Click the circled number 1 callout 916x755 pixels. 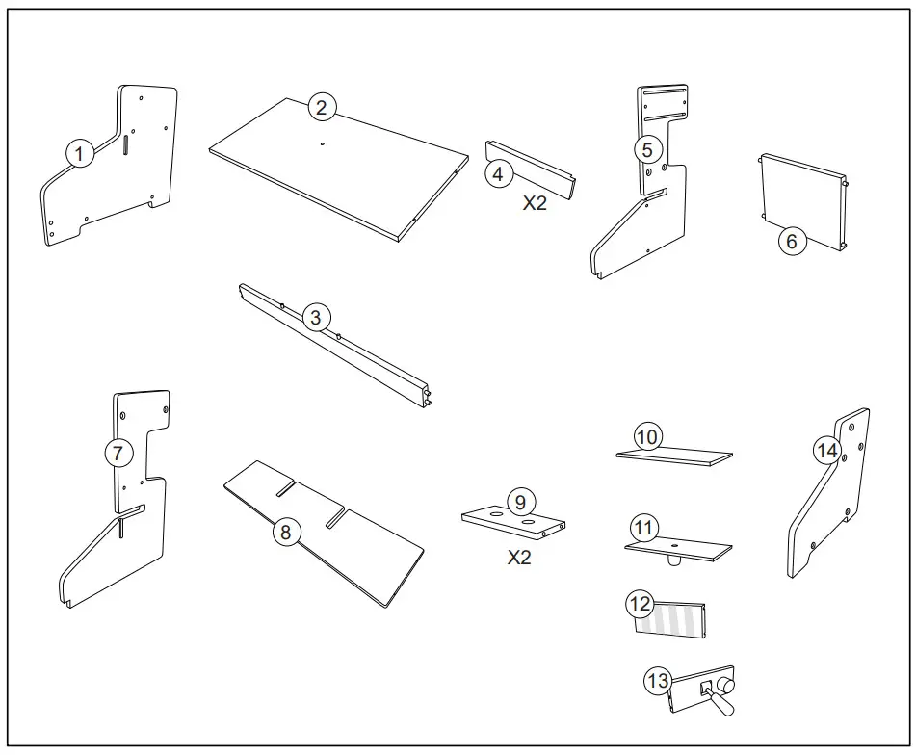click(80, 152)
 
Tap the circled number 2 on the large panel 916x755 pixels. click(322, 108)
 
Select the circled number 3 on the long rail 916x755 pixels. click(315, 317)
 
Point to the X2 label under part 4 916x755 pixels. click(535, 204)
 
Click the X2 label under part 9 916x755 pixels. click(519, 558)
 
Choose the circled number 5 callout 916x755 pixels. click(647, 149)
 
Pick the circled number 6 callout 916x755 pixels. click(792, 241)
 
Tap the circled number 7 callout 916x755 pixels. click(118, 453)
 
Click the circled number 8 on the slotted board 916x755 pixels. click(286, 531)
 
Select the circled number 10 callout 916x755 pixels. click(648, 436)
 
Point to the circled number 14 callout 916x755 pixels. click(825, 450)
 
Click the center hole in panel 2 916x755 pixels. click(321, 144)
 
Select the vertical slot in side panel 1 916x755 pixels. click(125, 143)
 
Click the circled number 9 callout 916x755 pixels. click(519, 502)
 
